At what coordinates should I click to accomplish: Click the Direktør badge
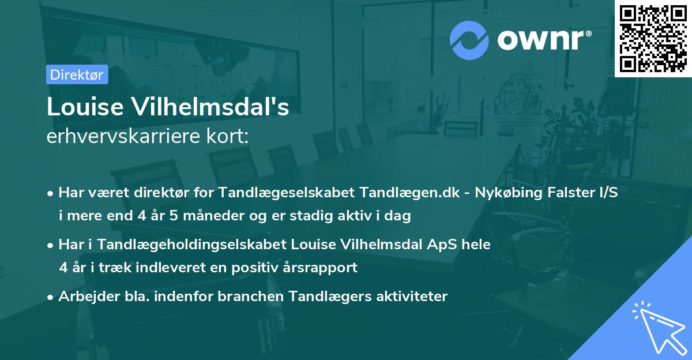(77, 74)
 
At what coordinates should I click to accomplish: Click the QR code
(653, 38)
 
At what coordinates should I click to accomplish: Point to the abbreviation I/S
(606, 192)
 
